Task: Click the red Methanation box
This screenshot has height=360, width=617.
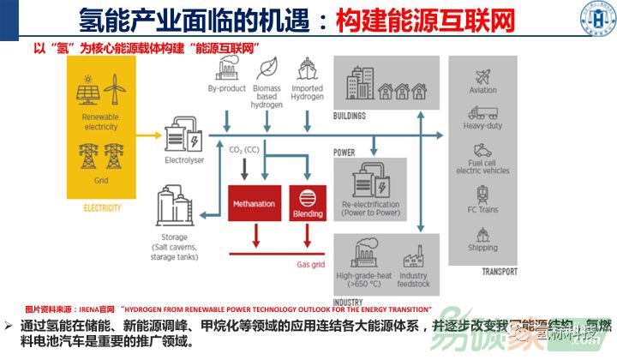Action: coord(254,204)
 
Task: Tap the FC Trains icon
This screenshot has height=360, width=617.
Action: coord(482,192)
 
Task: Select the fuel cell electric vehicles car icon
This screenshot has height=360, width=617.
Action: coord(482,149)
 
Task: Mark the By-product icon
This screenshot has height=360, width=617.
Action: coord(226,69)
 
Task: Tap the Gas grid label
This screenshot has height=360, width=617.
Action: coord(310,264)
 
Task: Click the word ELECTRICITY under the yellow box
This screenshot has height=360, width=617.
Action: coord(102,208)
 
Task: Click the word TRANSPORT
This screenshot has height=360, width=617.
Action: coord(500,272)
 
